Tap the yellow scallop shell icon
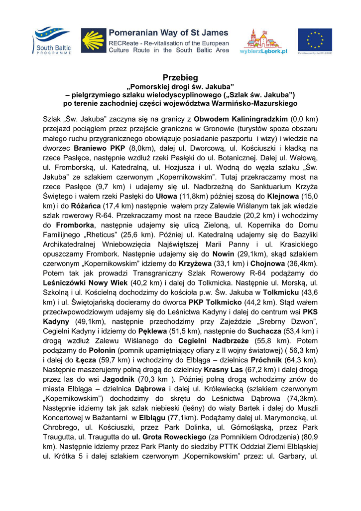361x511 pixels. point(94,40)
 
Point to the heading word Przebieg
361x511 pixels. point(180,78)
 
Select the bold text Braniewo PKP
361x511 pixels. point(100,148)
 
